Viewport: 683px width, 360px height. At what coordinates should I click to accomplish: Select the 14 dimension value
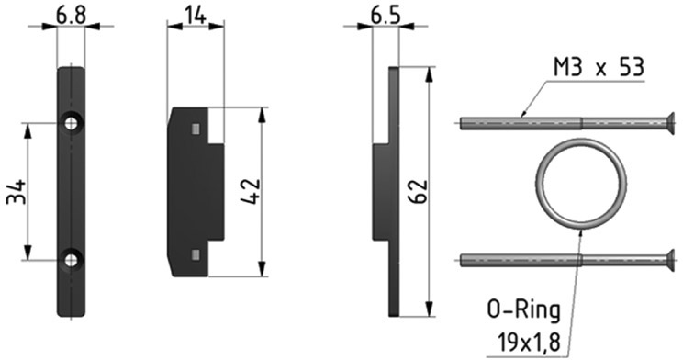(x=196, y=16)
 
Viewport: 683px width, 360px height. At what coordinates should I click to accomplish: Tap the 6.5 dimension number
(x=386, y=16)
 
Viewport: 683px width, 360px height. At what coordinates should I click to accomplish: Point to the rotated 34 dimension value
(x=17, y=191)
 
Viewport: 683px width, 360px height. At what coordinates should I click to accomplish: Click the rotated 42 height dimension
(x=251, y=191)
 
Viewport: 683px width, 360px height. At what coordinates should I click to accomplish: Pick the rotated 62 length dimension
(x=418, y=191)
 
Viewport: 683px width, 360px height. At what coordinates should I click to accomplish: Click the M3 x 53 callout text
(x=599, y=68)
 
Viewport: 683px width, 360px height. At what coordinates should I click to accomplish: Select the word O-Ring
(x=524, y=311)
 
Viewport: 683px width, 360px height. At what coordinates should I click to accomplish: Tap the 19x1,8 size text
(x=529, y=343)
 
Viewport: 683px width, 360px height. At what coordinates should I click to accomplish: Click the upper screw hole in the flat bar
(x=71, y=123)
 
